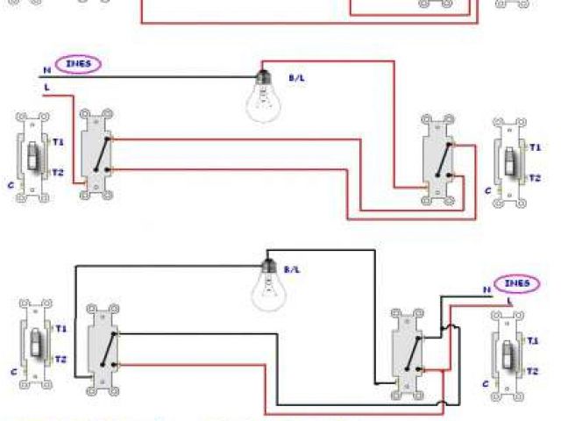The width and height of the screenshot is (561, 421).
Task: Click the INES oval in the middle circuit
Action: (78, 63)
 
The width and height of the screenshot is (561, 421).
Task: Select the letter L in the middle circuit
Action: (46, 88)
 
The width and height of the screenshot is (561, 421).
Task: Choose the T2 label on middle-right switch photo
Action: (534, 177)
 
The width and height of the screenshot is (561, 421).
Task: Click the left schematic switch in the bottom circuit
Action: (103, 346)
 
